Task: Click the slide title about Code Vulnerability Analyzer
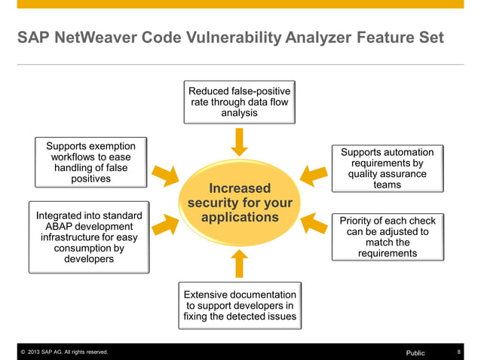[x=231, y=38]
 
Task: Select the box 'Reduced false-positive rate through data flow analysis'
[x=239, y=102]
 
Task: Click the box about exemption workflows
[x=90, y=162]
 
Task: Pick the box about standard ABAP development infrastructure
[x=89, y=237]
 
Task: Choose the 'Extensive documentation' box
[x=240, y=306]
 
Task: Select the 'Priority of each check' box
[x=388, y=237]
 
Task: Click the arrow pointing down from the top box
[x=239, y=142]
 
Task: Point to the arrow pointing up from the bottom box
[x=239, y=264]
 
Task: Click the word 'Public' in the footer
[x=415, y=352]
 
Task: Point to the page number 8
[x=459, y=352]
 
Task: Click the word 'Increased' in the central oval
[x=240, y=188]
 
